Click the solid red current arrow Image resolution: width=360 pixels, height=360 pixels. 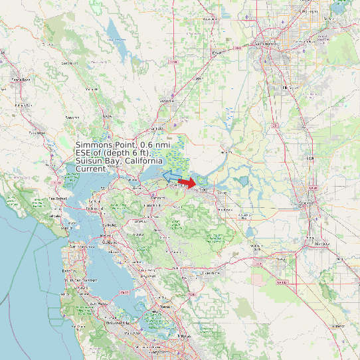pyautogui.click(x=189, y=182)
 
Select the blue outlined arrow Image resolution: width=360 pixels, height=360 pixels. pyautogui.click(x=171, y=176)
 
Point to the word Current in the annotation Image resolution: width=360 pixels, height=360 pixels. pyautogui.click(x=91, y=169)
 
